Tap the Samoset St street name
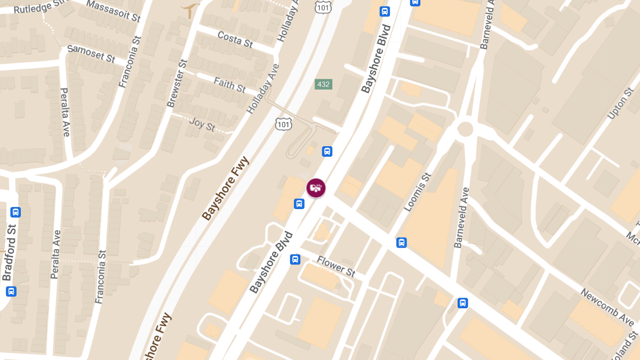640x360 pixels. pyautogui.click(x=91, y=54)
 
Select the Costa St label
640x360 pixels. pyautogui.click(x=235, y=39)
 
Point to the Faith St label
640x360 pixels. pyautogui.click(x=230, y=84)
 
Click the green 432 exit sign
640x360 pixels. pyautogui.click(x=323, y=84)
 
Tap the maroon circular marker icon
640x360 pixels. pyautogui.click(x=316, y=188)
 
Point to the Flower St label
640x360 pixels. pyautogui.click(x=336, y=266)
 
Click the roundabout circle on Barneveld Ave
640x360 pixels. pyautogui.click(x=465, y=129)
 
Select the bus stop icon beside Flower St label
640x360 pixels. pyautogui.click(x=294, y=260)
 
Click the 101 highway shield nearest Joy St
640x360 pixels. pyautogui.click(x=284, y=124)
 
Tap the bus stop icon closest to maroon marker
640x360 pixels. pyautogui.click(x=299, y=203)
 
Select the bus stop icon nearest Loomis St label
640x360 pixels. pyautogui.click(x=402, y=243)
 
